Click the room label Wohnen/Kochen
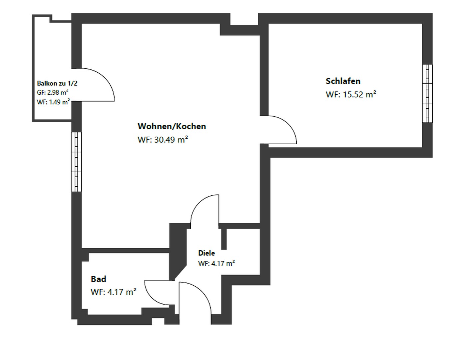coord(172,126)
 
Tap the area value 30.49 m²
coord(163,140)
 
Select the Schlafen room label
coord(343,81)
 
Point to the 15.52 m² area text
coord(351,94)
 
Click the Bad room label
coord(99,279)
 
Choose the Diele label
coord(207,253)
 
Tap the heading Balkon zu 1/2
coord(57,83)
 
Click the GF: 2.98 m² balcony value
coord(53,93)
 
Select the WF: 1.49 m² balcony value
coord(53,102)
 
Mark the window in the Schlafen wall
coord(427,93)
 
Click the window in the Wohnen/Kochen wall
coord(76,162)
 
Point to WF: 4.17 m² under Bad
coord(113,292)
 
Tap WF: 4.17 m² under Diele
coord(217,263)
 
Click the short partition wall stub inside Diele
coord(224,239)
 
